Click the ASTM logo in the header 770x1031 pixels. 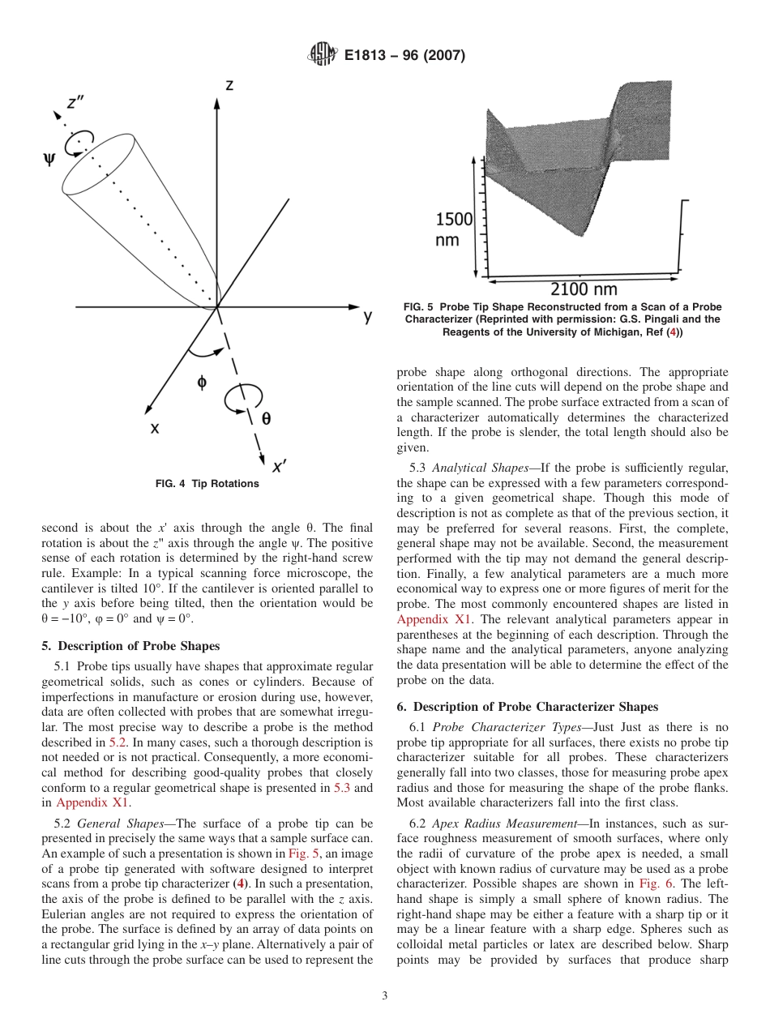[x=323, y=56]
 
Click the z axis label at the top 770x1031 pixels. [x=229, y=85]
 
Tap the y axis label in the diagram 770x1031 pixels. [x=369, y=316]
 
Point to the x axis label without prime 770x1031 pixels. [x=154, y=429]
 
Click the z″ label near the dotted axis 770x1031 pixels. [x=78, y=102]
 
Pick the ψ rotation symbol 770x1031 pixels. [x=49, y=160]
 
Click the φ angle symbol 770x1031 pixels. [x=202, y=383]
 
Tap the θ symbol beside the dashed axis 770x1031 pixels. [x=266, y=418]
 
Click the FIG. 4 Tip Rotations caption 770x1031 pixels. [x=207, y=484]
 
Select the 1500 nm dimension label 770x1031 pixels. [x=454, y=229]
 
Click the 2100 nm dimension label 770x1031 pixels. [x=584, y=289]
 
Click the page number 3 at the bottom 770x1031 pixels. [x=385, y=996]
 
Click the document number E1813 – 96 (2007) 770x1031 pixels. [x=404, y=56]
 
